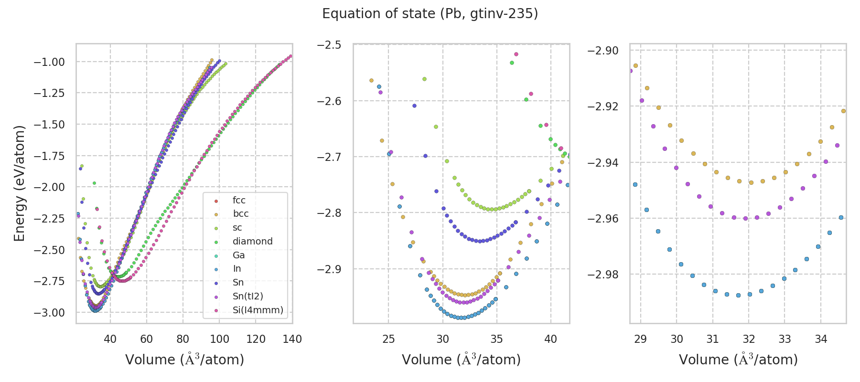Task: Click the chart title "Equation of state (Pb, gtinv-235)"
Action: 430,14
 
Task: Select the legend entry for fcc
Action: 239,201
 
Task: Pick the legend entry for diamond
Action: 252,242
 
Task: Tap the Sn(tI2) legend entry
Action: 247,297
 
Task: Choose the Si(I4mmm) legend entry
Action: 258,310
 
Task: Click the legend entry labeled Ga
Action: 238,255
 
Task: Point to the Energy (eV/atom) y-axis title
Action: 20,183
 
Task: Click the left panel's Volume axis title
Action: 184,360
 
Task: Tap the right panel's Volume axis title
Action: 738,360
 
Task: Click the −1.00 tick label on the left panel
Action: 49,62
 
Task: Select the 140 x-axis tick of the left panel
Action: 292,340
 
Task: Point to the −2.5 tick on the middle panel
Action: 329,45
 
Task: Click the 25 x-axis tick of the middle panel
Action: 388,340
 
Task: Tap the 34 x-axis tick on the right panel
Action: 821,340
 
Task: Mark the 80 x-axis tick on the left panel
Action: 183,340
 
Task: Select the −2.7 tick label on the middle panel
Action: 329,157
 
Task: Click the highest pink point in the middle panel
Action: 516,54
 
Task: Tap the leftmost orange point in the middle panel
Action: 371,81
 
